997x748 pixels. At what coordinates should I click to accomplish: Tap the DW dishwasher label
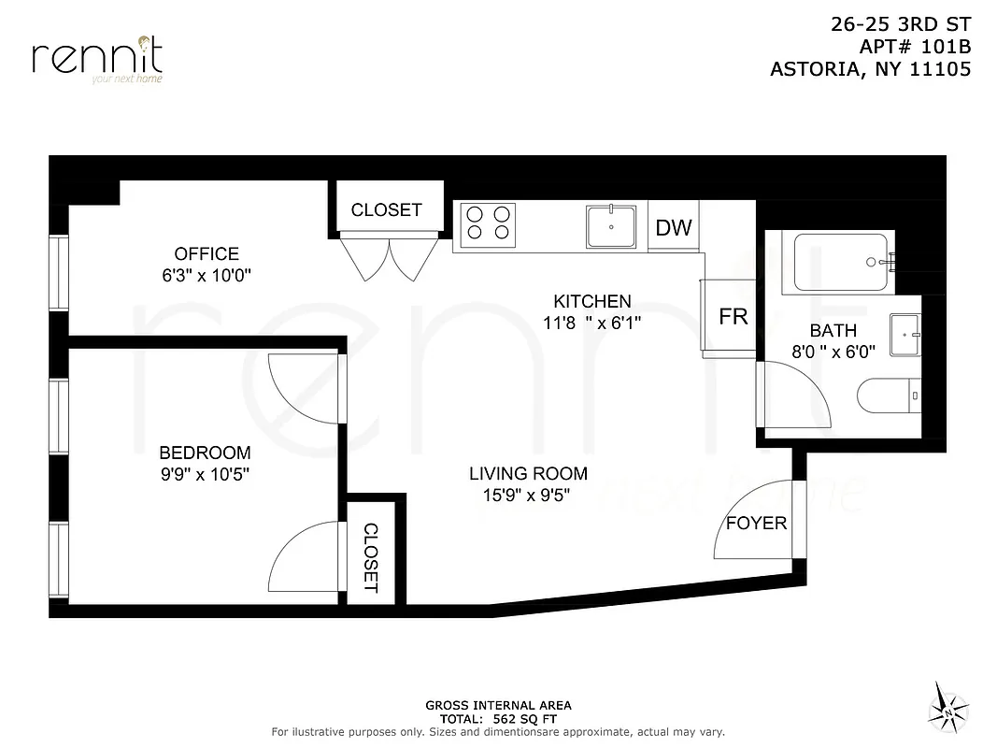click(x=674, y=227)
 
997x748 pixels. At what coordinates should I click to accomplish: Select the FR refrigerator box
click(x=733, y=317)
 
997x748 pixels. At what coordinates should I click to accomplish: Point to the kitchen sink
click(x=611, y=226)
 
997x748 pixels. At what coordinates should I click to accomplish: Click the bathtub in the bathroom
click(x=840, y=262)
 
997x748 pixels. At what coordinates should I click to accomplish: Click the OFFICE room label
click(x=207, y=253)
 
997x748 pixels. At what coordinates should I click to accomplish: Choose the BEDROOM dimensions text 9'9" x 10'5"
click(x=204, y=474)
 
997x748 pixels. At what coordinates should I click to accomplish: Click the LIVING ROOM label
click(x=528, y=473)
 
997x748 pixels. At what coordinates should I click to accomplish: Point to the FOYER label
click(x=756, y=523)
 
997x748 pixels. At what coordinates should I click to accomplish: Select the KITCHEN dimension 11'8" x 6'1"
click(x=592, y=323)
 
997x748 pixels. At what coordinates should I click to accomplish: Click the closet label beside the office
click(x=386, y=210)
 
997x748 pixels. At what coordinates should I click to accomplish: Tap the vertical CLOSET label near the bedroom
click(x=370, y=558)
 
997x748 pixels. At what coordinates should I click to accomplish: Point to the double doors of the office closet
click(x=390, y=259)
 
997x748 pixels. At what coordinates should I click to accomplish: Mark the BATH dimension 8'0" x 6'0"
click(x=832, y=352)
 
